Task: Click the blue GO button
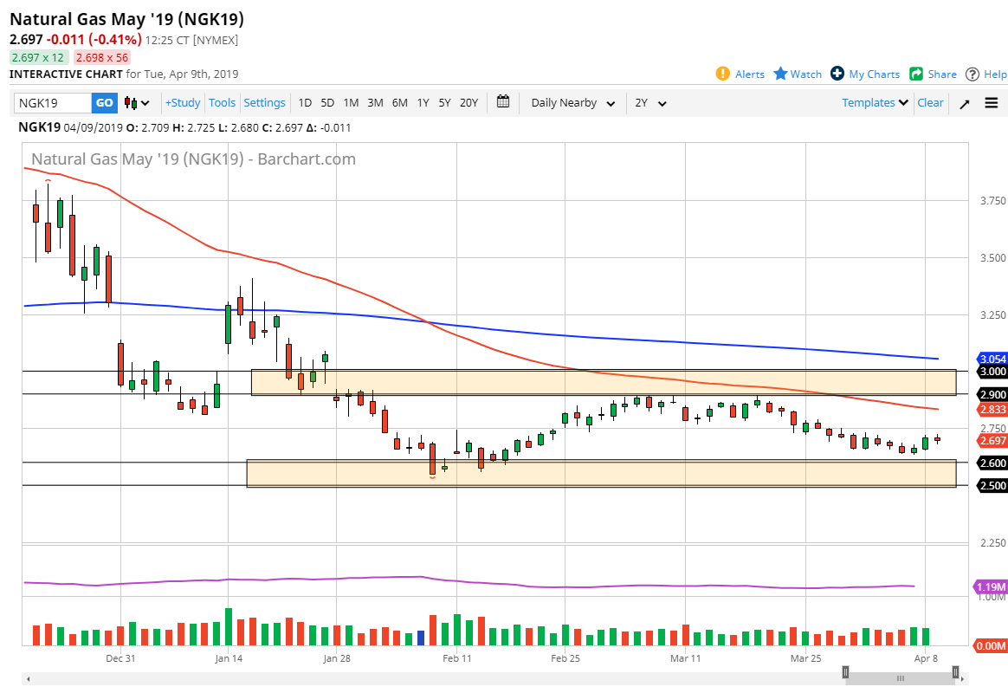104,103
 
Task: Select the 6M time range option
399,103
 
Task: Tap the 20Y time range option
468,103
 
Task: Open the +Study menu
183,103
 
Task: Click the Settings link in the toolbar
264,103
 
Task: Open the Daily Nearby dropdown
572,103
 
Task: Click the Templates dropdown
875,103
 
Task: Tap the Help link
986,74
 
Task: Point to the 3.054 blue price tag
992,359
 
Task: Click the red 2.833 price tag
992,409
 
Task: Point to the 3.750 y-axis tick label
992,201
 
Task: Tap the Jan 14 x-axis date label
229,659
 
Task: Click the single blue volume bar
421,638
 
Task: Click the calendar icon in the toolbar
503,102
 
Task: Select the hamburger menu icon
991,103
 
